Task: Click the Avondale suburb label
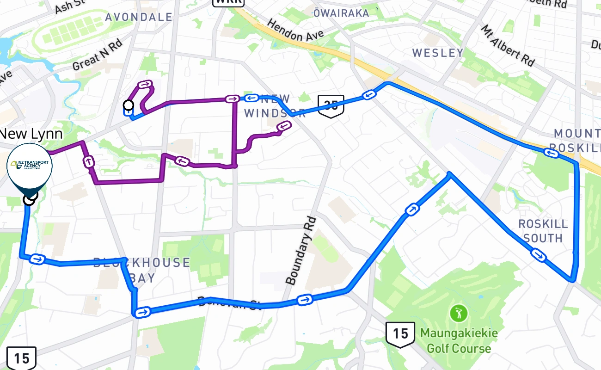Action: [139, 17]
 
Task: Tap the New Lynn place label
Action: [31, 134]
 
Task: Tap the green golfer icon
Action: [459, 314]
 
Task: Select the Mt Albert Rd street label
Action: [507, 45]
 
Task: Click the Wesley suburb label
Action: [437, 53]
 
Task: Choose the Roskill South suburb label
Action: [543, 231]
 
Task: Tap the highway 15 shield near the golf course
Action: [400, 334]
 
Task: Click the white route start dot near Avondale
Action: [129, 105]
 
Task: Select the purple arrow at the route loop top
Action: [145, 84]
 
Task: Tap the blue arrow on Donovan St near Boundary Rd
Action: [304, 300]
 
